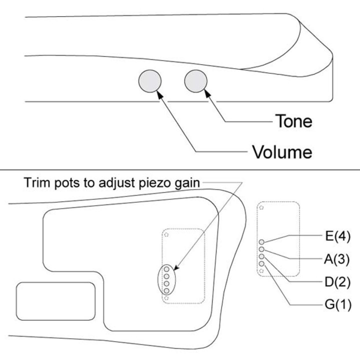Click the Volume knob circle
tap(150, 81)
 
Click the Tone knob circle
tap(195, 81)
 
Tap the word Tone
tap(293, 121)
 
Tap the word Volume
tap(282, 152)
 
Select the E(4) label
tap(337, 236)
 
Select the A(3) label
tap(337, 259)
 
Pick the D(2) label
tap(337, 282)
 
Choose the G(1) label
tap(338, 304)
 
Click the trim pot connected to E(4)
tap(261, 242)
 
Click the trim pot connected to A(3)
tap(261, 249)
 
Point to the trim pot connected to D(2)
tap(261, 256)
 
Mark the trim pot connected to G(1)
tap(261, 263)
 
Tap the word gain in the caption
tap(187, 183)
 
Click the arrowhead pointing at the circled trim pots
tap(177, 267)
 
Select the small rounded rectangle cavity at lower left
tap(55, 301)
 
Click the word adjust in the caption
tap(116, 183)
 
